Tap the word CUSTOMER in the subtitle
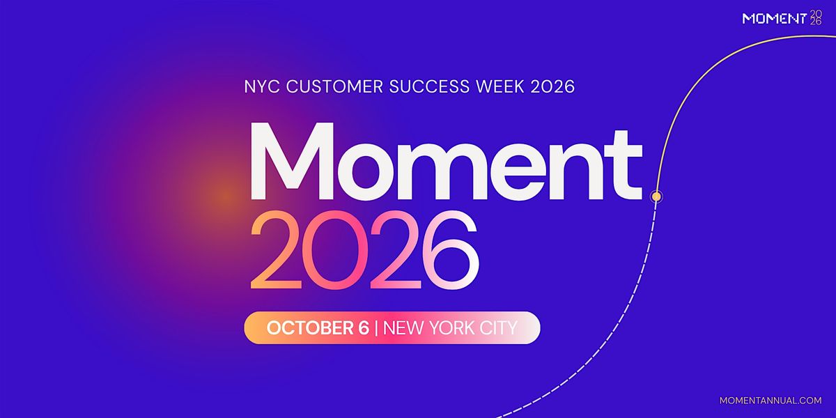pyautogui.click(x=335, y=86)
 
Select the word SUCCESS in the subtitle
pyautogui.click(x=430, y=86)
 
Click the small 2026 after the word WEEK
pyautogui.click(x=552, y=86)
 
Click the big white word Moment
pyautogui.click(x=447, y=161)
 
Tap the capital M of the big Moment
pyautogui.click(x=292, y=161)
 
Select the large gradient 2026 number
pyautogui.click(x=364, y=249)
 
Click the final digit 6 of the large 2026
pyautogui.click(x=451, y=249)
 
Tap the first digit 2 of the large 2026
pyautogui.click(x=276, y=249)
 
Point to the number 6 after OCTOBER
pyautogui.click(x=364, y=328)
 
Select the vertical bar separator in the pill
pyautogui.click(x=376, y=328)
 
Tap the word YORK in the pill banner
pyautogui.click(x=451, y=328)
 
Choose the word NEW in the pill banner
pyautogui.click(x=403, y=328)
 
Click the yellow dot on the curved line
pyautogui.click(x=656, y=196)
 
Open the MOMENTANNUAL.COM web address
pyautogui.click(x=771, y=401)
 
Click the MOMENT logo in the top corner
pyautogui.click(x=782, y=18)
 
